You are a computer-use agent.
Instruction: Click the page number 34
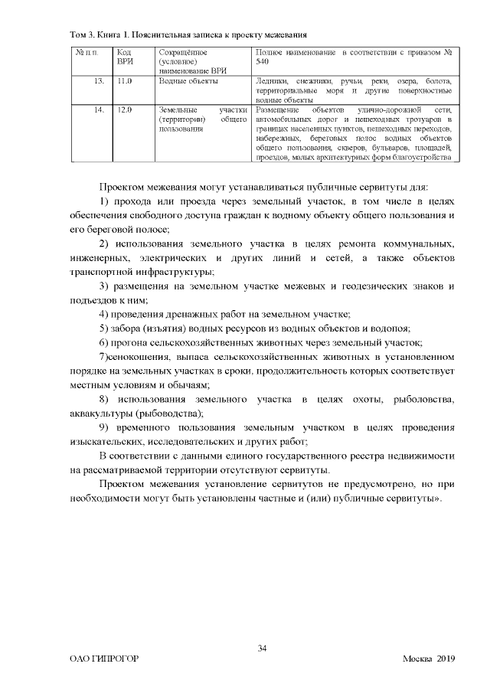tap(262, 649)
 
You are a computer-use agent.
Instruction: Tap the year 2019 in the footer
tap(446, 660)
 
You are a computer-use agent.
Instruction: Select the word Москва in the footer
tap(417, 660)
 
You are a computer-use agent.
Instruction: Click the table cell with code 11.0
tap(125, 80)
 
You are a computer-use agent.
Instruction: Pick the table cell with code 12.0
tap(125, 110)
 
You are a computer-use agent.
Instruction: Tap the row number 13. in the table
tap(99, 80)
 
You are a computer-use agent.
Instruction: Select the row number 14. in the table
tap(99, 110)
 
